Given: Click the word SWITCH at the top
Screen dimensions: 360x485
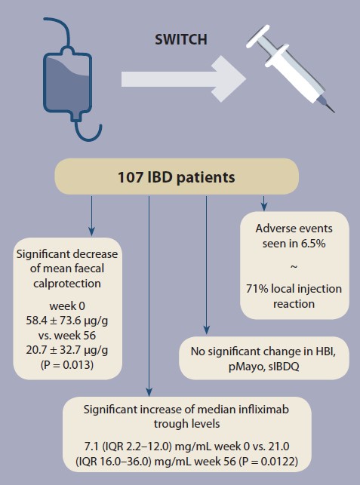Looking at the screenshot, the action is click(181, 39).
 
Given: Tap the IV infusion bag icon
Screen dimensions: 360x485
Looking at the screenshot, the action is click(67, 84).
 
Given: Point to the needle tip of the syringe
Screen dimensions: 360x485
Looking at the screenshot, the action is click(334, 112).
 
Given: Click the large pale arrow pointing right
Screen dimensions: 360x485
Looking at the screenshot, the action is click(183, 78).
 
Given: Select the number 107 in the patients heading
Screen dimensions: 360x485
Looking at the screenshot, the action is click(131, 177).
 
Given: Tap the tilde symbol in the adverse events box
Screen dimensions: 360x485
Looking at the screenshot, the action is click(294, 266).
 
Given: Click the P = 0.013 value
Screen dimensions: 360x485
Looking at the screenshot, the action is click(67, 364).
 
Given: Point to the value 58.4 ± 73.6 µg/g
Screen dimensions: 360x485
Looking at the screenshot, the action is click(67, 321).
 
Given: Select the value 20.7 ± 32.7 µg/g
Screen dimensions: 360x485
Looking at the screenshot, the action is click(67, 350).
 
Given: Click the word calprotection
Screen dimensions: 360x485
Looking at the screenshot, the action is click(67, 284).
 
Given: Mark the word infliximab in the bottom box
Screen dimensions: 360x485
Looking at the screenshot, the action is click(263, 410).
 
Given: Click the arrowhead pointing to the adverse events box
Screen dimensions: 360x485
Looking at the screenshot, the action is click(263, 207).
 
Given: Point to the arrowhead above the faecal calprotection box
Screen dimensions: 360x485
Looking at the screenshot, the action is click(91, 232).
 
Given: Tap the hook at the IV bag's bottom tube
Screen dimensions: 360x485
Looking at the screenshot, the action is click(88, 131).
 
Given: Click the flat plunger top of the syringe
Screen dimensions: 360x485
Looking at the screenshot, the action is click(257, 36).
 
